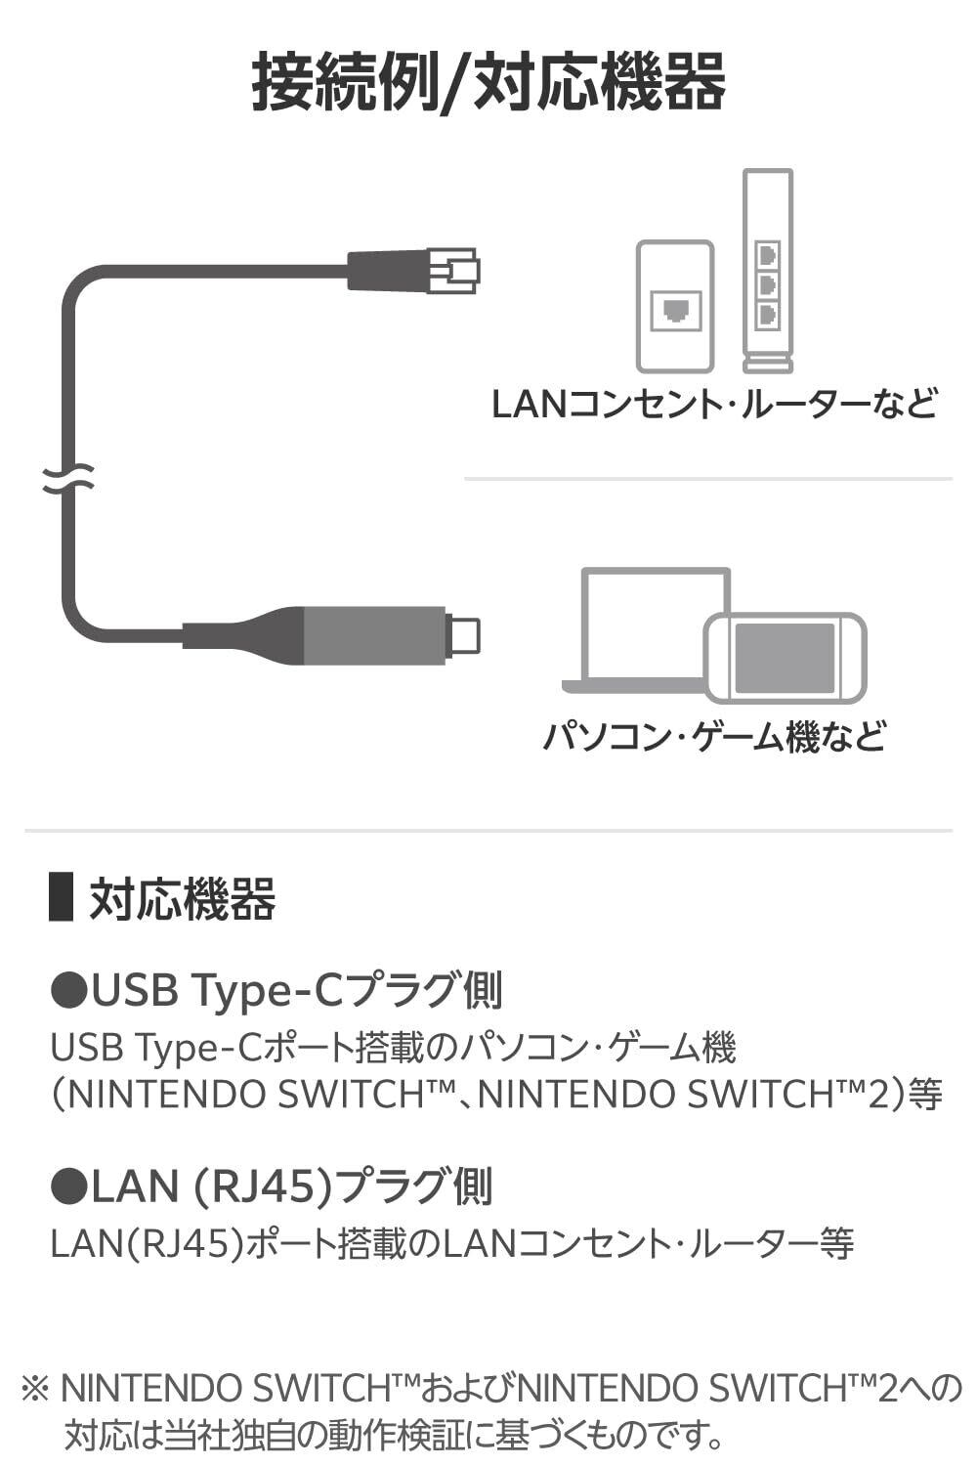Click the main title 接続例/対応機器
(x=488, y=83)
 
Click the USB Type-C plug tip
(x=464, y=635)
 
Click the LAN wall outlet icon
(x=675, y=306)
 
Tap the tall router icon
(x=767, y=271)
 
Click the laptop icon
(x=645, y=625)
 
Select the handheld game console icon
(x=786, y=657)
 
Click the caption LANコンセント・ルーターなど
(x=713, y=404)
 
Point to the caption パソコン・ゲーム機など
(x=713, y=736)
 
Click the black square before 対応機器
(x=62, y=896)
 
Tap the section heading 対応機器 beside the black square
(x=183, y=899)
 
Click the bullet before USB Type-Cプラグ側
(x=68, y=991)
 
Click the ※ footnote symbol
(x=35, y=1389)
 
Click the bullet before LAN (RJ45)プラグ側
(x=68, y=1186)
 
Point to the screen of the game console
(x=785, y=657)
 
